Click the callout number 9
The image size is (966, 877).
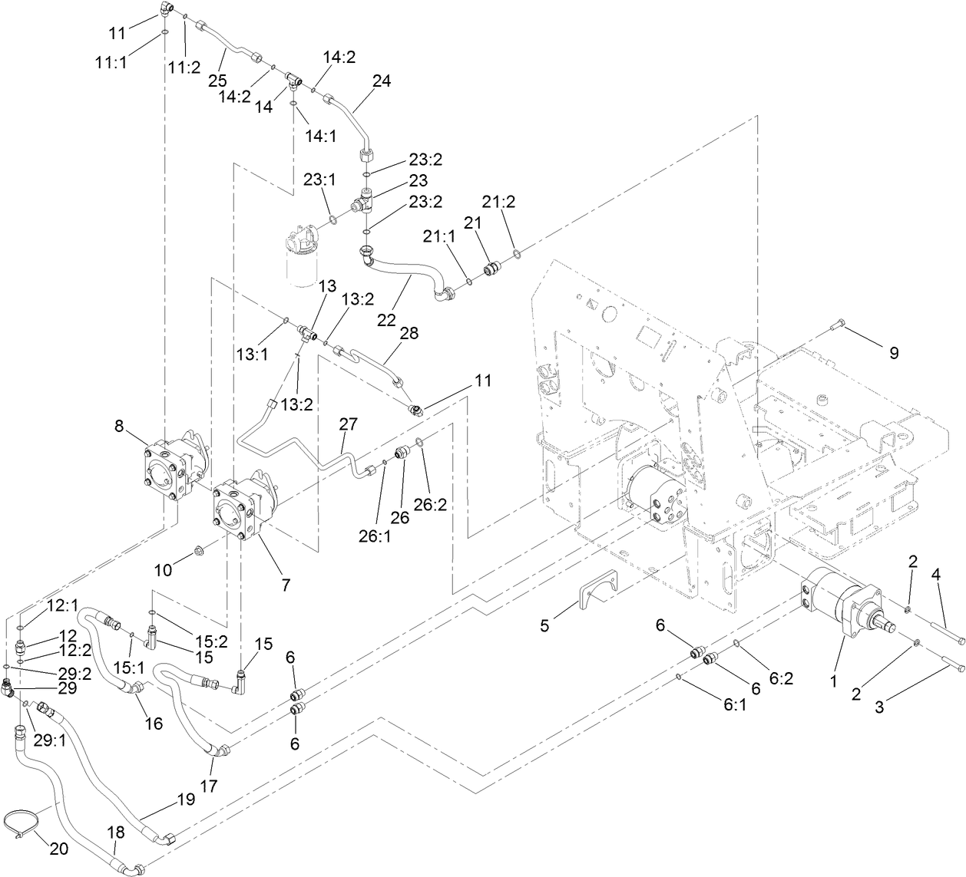click(x=893, y=353)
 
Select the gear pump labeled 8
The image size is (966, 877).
click(x=173, y=470)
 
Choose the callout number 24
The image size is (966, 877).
click(x=382, y=80)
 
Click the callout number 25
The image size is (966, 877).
click(x=219, y=81)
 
